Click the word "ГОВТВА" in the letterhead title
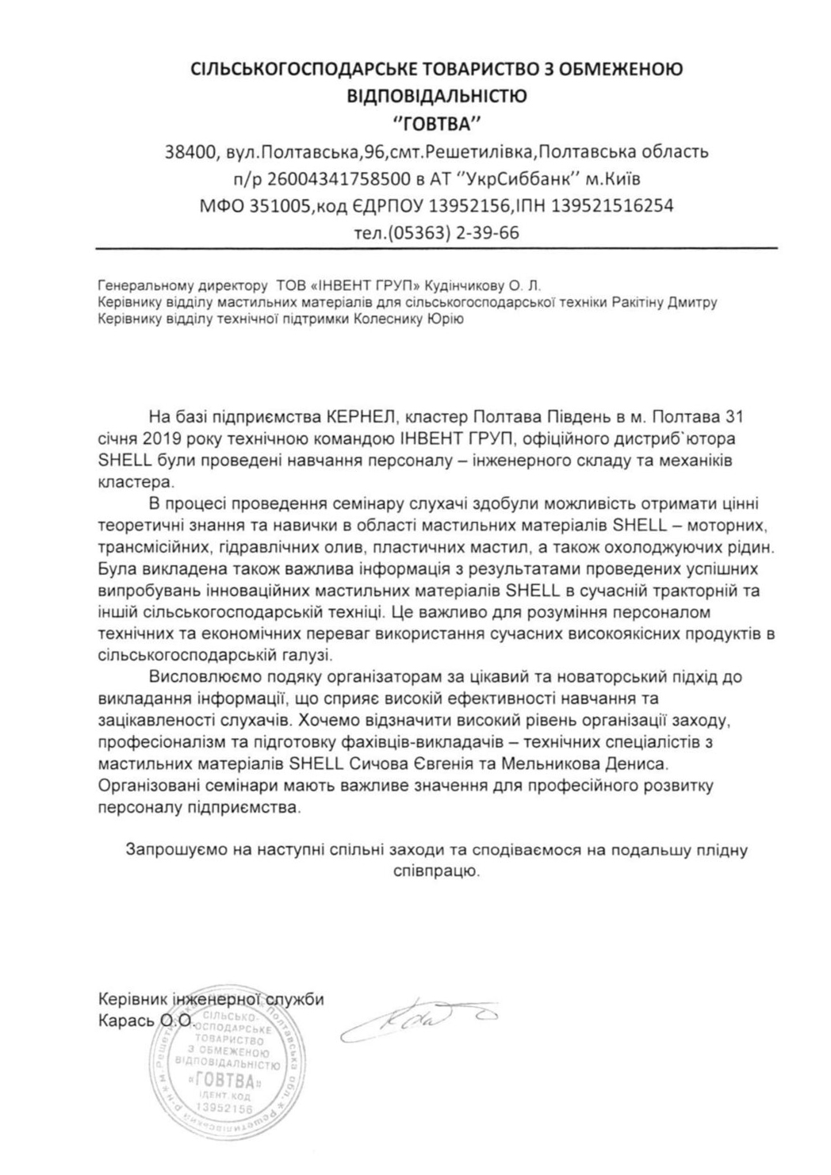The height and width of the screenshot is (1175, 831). click(x=438, y=123)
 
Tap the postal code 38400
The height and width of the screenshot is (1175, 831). click(x=190, y=151)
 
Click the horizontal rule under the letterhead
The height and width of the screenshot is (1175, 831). click(x=436, y=249)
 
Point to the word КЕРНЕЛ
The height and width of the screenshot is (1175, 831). click(x=361, y=417)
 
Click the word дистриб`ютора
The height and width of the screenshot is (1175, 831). click(x=682, y=438)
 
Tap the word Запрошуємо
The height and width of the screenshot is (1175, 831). click(x=174, y=851)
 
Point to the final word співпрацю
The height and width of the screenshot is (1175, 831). click(x=437, y=871)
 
